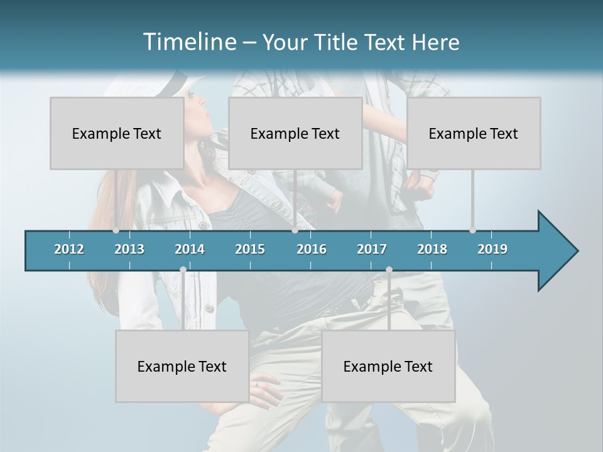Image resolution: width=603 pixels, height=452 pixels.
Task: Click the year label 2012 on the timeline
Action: pyautogui.click(x=69, y=249)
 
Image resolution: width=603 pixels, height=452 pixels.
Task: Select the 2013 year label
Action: pyautogui.click(x=129, y=249)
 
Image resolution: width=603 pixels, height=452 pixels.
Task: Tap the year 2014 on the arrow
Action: pyautogui.click(x=190, y=249)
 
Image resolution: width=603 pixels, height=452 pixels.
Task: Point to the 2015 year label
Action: pyautogui.click(x=250, y=249)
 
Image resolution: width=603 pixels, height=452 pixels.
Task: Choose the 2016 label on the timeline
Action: pyautogui.click(x=312, y=249)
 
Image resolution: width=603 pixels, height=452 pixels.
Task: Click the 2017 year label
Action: pyautogui.click(x=372, y=249)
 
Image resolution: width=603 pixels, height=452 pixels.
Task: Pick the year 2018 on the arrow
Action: pyautogui.click(x=432, y=249)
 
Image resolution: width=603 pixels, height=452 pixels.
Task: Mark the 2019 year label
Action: pyautogui.click(x=492, y=249)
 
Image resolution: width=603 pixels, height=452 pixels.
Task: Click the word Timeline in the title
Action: pyautogui.click(x=189, y=42)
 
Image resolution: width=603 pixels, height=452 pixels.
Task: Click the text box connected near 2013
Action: pyautogui.click(x=117, y=133)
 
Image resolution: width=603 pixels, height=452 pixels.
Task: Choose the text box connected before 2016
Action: pyautogui.click(x=295, y=133)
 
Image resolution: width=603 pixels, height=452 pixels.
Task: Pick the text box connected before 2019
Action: pyautogui.click(x=474, y=133)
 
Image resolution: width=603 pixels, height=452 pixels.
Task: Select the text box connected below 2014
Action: pyautogui.click(x=182, y=366)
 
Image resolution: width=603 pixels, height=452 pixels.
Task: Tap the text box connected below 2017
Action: pyautogui.click(x=388, y=366)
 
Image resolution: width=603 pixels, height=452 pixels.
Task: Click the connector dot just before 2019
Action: pyautogui.click(x=472, y=230)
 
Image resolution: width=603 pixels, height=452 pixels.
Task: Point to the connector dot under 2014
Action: pyautogui.click(x=183, y=269)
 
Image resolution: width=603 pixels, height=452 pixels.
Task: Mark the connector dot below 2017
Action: pyautogui.click(x=389, y=269)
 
